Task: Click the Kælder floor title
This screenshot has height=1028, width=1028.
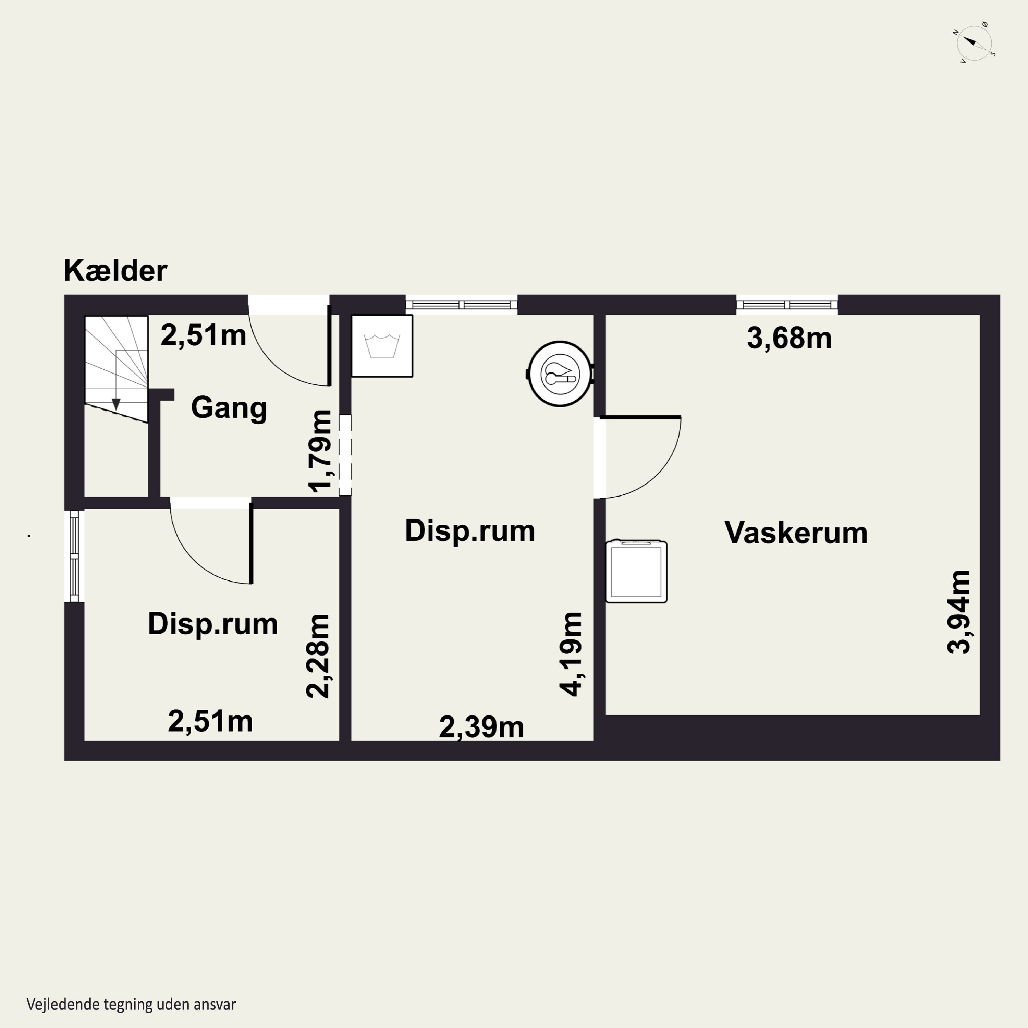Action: click(115, 270)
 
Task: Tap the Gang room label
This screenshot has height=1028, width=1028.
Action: click(229, 408)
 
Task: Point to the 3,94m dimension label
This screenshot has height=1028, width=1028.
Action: click(959, 612)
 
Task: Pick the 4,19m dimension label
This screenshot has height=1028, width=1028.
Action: click(571, 654)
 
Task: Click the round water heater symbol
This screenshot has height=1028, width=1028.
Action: click(560, 374)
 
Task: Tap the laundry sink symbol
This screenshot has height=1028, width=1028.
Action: click(382, 346)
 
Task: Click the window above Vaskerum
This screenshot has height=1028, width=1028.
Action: click(787, 305)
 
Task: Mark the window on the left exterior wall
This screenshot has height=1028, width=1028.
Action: click(74, 556)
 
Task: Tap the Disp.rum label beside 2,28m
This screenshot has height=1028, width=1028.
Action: click(213, 624)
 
